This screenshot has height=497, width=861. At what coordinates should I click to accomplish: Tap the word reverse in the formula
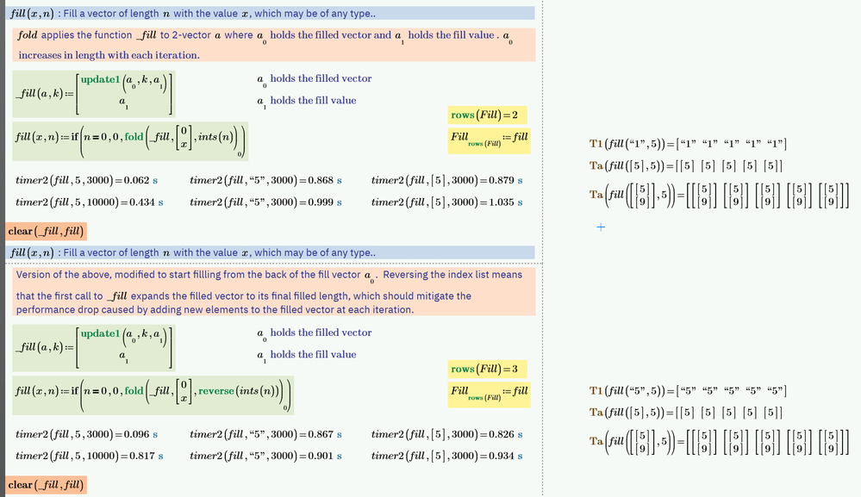click(x=216, y=391)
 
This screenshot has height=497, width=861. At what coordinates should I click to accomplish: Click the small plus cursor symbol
click(x=601, y=227)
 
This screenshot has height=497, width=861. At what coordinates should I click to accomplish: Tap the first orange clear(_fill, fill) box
click(x=47, y=232)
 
